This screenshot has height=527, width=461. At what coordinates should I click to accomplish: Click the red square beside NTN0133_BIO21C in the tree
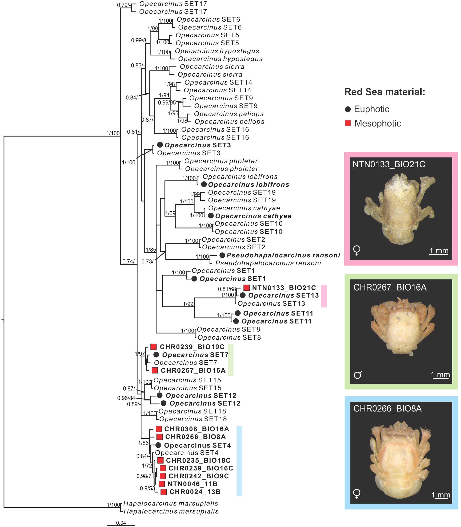point(246,288)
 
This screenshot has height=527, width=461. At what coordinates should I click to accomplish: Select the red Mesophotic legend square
point(348,123)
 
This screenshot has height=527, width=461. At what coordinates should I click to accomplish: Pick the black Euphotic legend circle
point(348,109)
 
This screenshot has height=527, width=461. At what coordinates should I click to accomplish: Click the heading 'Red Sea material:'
point(385,92)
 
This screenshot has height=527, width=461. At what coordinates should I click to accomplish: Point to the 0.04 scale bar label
point(121,523)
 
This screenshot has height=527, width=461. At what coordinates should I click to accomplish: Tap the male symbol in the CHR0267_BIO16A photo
point(358,375)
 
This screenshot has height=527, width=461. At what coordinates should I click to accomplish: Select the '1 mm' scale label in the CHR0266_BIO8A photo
point(441,495)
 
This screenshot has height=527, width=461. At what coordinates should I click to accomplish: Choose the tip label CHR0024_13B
point(195,492)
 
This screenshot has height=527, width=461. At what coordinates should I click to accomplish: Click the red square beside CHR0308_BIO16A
point(159,429)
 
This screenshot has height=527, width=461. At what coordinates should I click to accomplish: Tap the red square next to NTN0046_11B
point(162,484)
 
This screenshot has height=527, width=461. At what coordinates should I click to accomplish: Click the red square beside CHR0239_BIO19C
point(154,347)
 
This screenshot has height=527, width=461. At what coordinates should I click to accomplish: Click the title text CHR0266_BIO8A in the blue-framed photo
point(388,409)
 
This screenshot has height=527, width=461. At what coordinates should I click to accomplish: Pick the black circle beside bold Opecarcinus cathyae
point(211,215)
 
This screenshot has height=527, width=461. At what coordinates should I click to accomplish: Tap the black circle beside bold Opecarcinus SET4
point(158,445)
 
